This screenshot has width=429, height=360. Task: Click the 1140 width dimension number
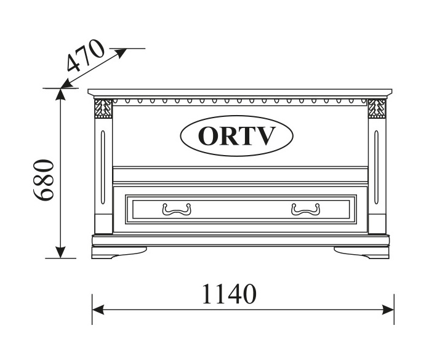tap(229, 295)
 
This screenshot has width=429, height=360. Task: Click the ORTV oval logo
tap(236, 135)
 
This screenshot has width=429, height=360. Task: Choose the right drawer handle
tap(305, 210)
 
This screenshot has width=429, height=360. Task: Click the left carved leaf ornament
tap(103, 109)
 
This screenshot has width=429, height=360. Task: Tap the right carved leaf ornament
tap(375, 109)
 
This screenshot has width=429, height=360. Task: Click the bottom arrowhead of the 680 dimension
tap(60, 252)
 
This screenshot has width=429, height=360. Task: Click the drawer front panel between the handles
tap(240, 209)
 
